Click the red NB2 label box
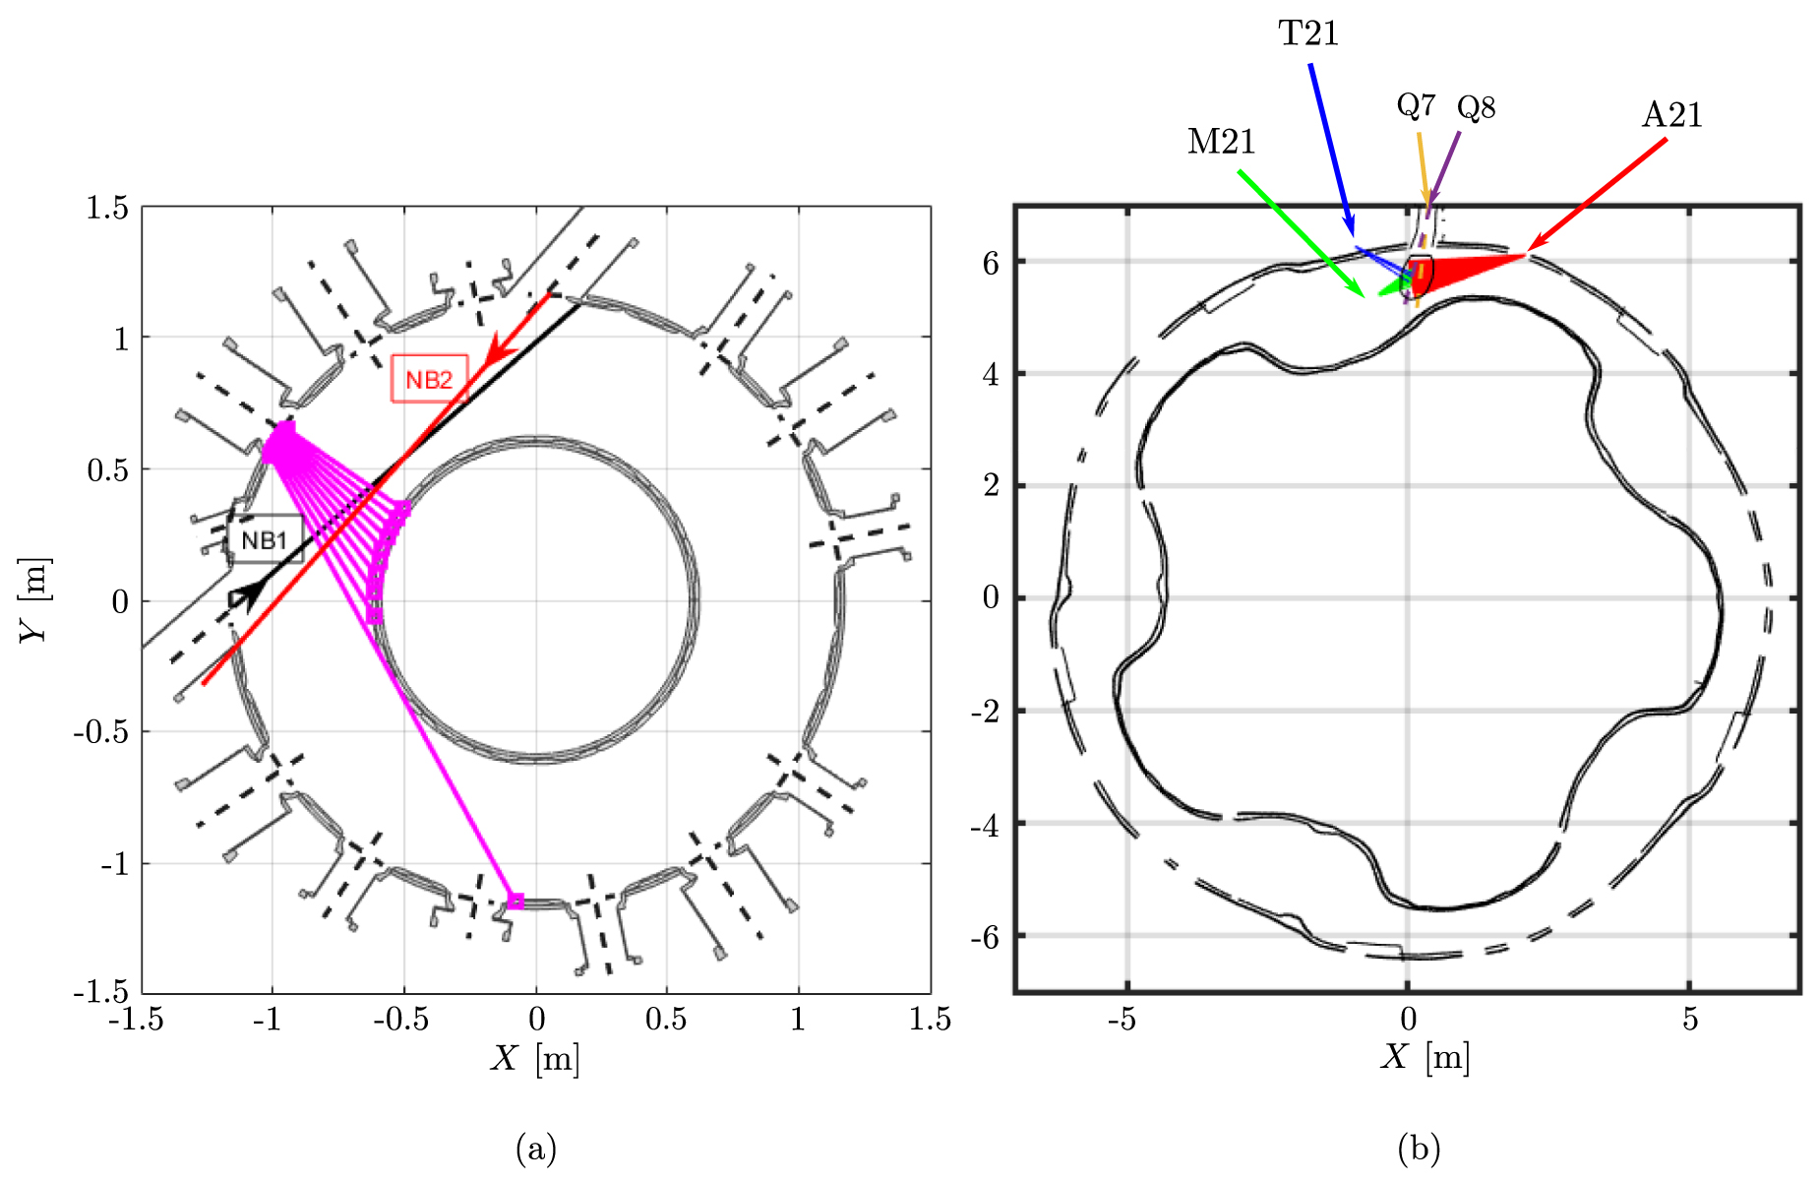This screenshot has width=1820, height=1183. [429, 379]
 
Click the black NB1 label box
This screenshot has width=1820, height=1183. [265, 539]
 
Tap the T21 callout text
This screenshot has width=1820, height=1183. [1308, 34]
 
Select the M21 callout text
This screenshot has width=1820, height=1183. [1221, 143]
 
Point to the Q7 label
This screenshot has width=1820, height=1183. [1416, 104]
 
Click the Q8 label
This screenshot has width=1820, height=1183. [1476, 107]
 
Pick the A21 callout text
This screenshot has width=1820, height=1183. [1671, 115]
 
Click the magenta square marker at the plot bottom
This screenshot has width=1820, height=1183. [516, 901]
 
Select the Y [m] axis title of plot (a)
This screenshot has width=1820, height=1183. [34, 600]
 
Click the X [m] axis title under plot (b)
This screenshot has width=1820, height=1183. [1425, 1056]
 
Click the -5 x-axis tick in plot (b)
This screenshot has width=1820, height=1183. [1122, 1019]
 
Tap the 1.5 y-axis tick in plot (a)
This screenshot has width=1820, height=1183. [107, 208]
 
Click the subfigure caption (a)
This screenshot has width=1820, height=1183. [535, 1148]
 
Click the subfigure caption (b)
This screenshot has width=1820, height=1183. [1419, 1148]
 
